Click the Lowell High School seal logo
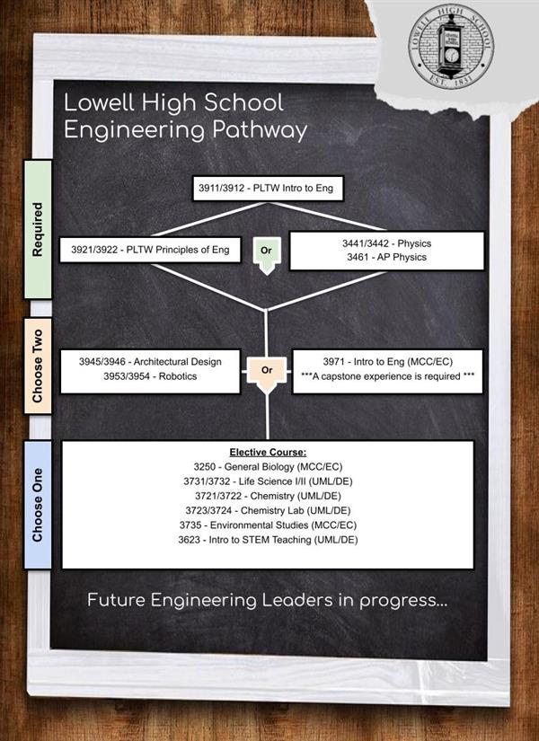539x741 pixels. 451,47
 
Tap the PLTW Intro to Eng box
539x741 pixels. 268,188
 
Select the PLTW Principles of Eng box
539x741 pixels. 150,250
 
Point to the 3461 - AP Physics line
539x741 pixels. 387,257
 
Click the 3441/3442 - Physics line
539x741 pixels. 387,243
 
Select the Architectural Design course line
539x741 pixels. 150,362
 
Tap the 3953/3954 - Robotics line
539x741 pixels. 150,376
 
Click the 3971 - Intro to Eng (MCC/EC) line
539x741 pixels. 388,362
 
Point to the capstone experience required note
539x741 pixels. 388,376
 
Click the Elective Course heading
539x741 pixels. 268,453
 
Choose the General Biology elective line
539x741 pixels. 268,467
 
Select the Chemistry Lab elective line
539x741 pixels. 268,510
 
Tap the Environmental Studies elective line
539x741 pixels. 268,525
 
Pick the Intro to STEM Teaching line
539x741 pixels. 268,540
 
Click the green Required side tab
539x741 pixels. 38,229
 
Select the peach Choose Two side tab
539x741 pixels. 38,366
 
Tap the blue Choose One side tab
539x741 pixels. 38,505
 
